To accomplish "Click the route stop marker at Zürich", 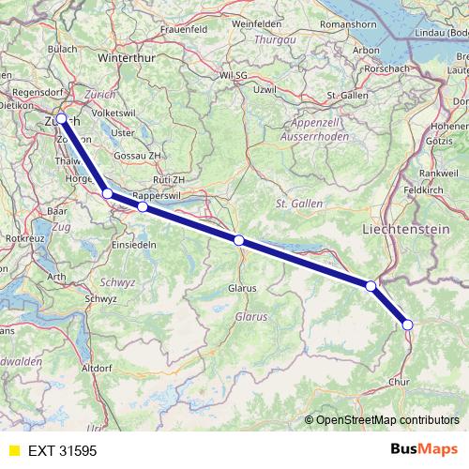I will (x=62, y=119).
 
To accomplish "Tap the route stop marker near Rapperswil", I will (x=143, y=206).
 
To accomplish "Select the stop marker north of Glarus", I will (x=239, y=241).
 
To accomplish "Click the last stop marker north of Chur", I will (x=407, y=325).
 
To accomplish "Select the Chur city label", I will (x=399, y=382).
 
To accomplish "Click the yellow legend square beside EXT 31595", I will (x=13, y=451).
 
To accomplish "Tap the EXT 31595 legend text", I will (x=62, y=451).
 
